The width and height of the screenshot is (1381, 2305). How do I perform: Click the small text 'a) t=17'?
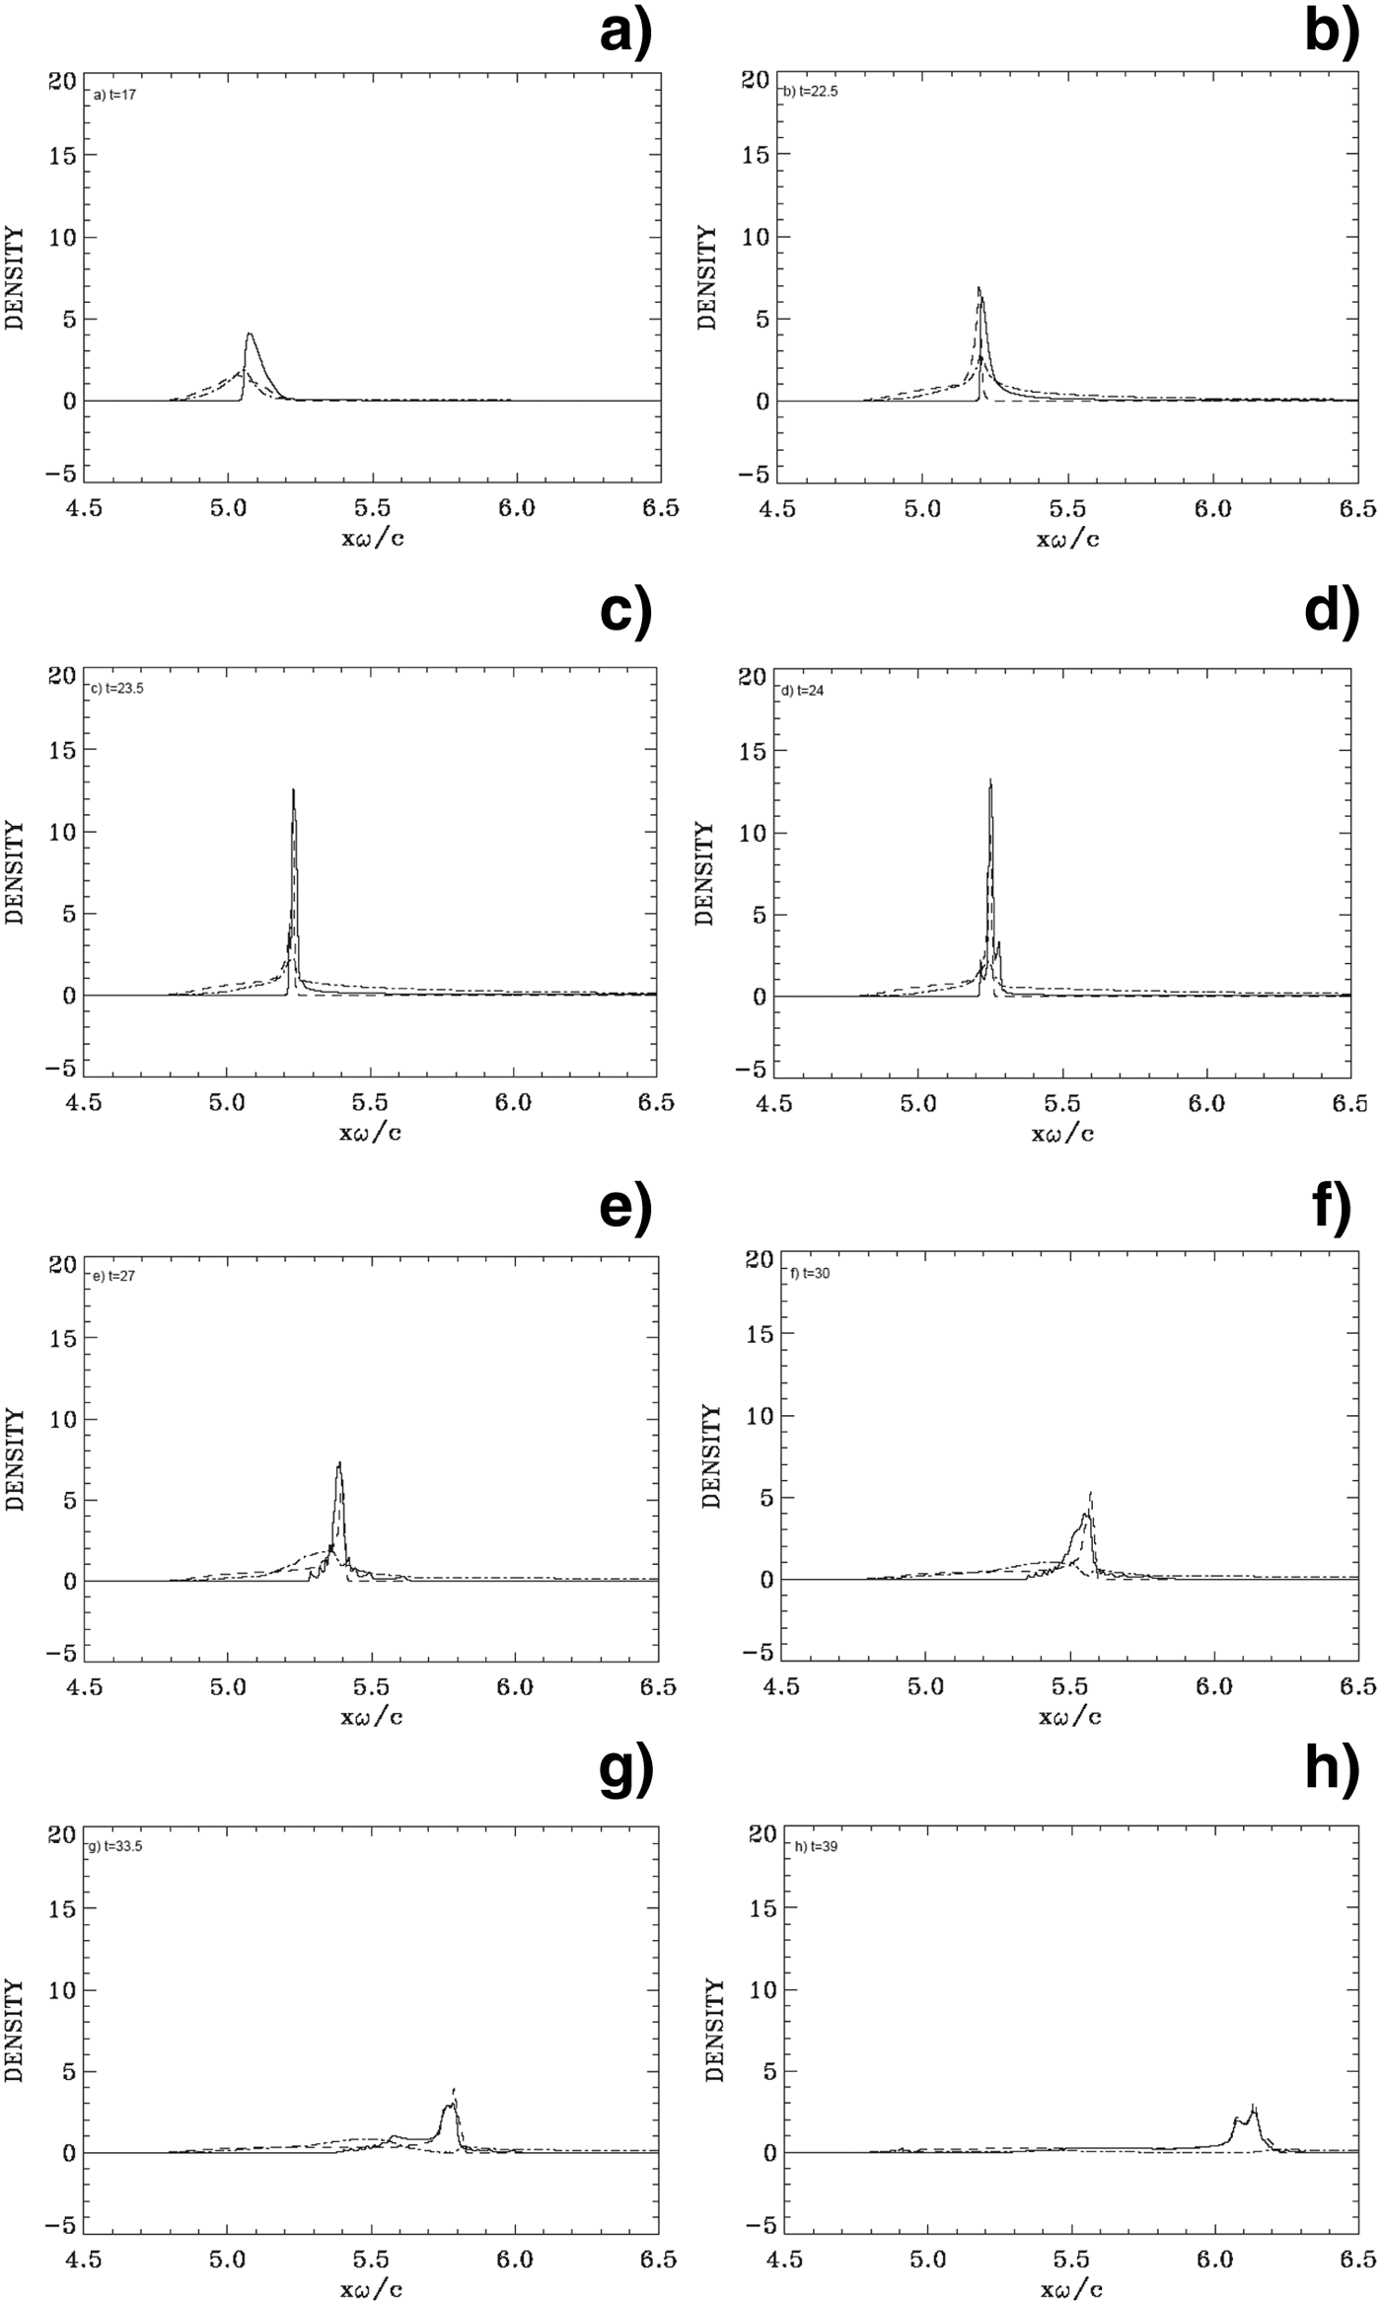[x=114, y=96]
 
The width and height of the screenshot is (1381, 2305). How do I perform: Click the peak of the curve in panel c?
[x=293, y=791]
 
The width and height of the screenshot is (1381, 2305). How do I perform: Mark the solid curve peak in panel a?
[x=250, y=335]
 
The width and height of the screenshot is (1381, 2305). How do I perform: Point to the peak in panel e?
[x=339, y=1463]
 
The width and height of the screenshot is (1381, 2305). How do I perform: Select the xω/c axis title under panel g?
[x=371, y=2289]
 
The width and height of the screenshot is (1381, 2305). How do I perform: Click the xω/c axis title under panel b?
[x=1068, y=538]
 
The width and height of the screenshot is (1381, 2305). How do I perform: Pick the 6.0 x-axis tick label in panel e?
[x=515, y=1687]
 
